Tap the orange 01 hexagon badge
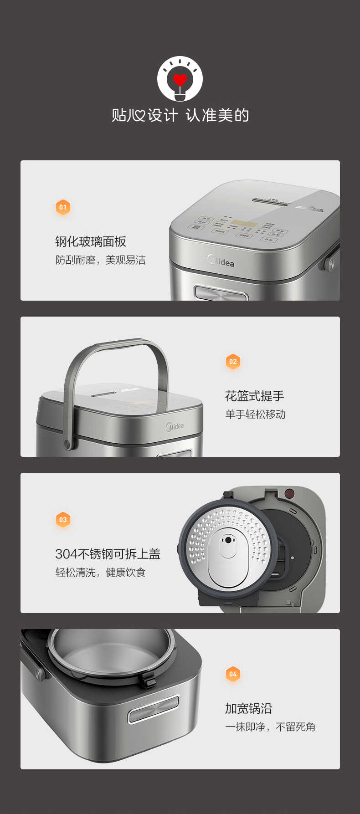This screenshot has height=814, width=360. click(63, 207)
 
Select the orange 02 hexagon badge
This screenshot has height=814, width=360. click(233, 362)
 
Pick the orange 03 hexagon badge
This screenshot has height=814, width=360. click(63, 520)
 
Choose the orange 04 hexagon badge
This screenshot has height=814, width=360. click(233, 674)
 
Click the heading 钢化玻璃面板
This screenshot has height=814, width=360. click(91, 241)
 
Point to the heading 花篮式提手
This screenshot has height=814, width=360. click(254, 396)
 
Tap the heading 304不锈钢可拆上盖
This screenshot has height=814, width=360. click(108, 554)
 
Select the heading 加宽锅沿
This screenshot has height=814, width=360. click(248, 708)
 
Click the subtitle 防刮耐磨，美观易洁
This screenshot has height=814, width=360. click(100, 260)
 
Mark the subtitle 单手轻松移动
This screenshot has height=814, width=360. click(255, 415)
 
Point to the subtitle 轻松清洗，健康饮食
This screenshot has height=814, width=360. click(100, 573)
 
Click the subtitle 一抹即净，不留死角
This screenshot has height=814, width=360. click(270, 727)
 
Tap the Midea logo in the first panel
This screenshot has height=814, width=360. click(221, 261)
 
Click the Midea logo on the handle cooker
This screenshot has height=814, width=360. click(175, 426)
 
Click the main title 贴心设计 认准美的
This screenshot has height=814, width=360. click(180, 115)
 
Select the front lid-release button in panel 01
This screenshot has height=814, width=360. click(221, 292)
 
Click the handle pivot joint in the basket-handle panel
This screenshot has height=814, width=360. click(68, 443)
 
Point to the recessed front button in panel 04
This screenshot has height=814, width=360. click(153, 709)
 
